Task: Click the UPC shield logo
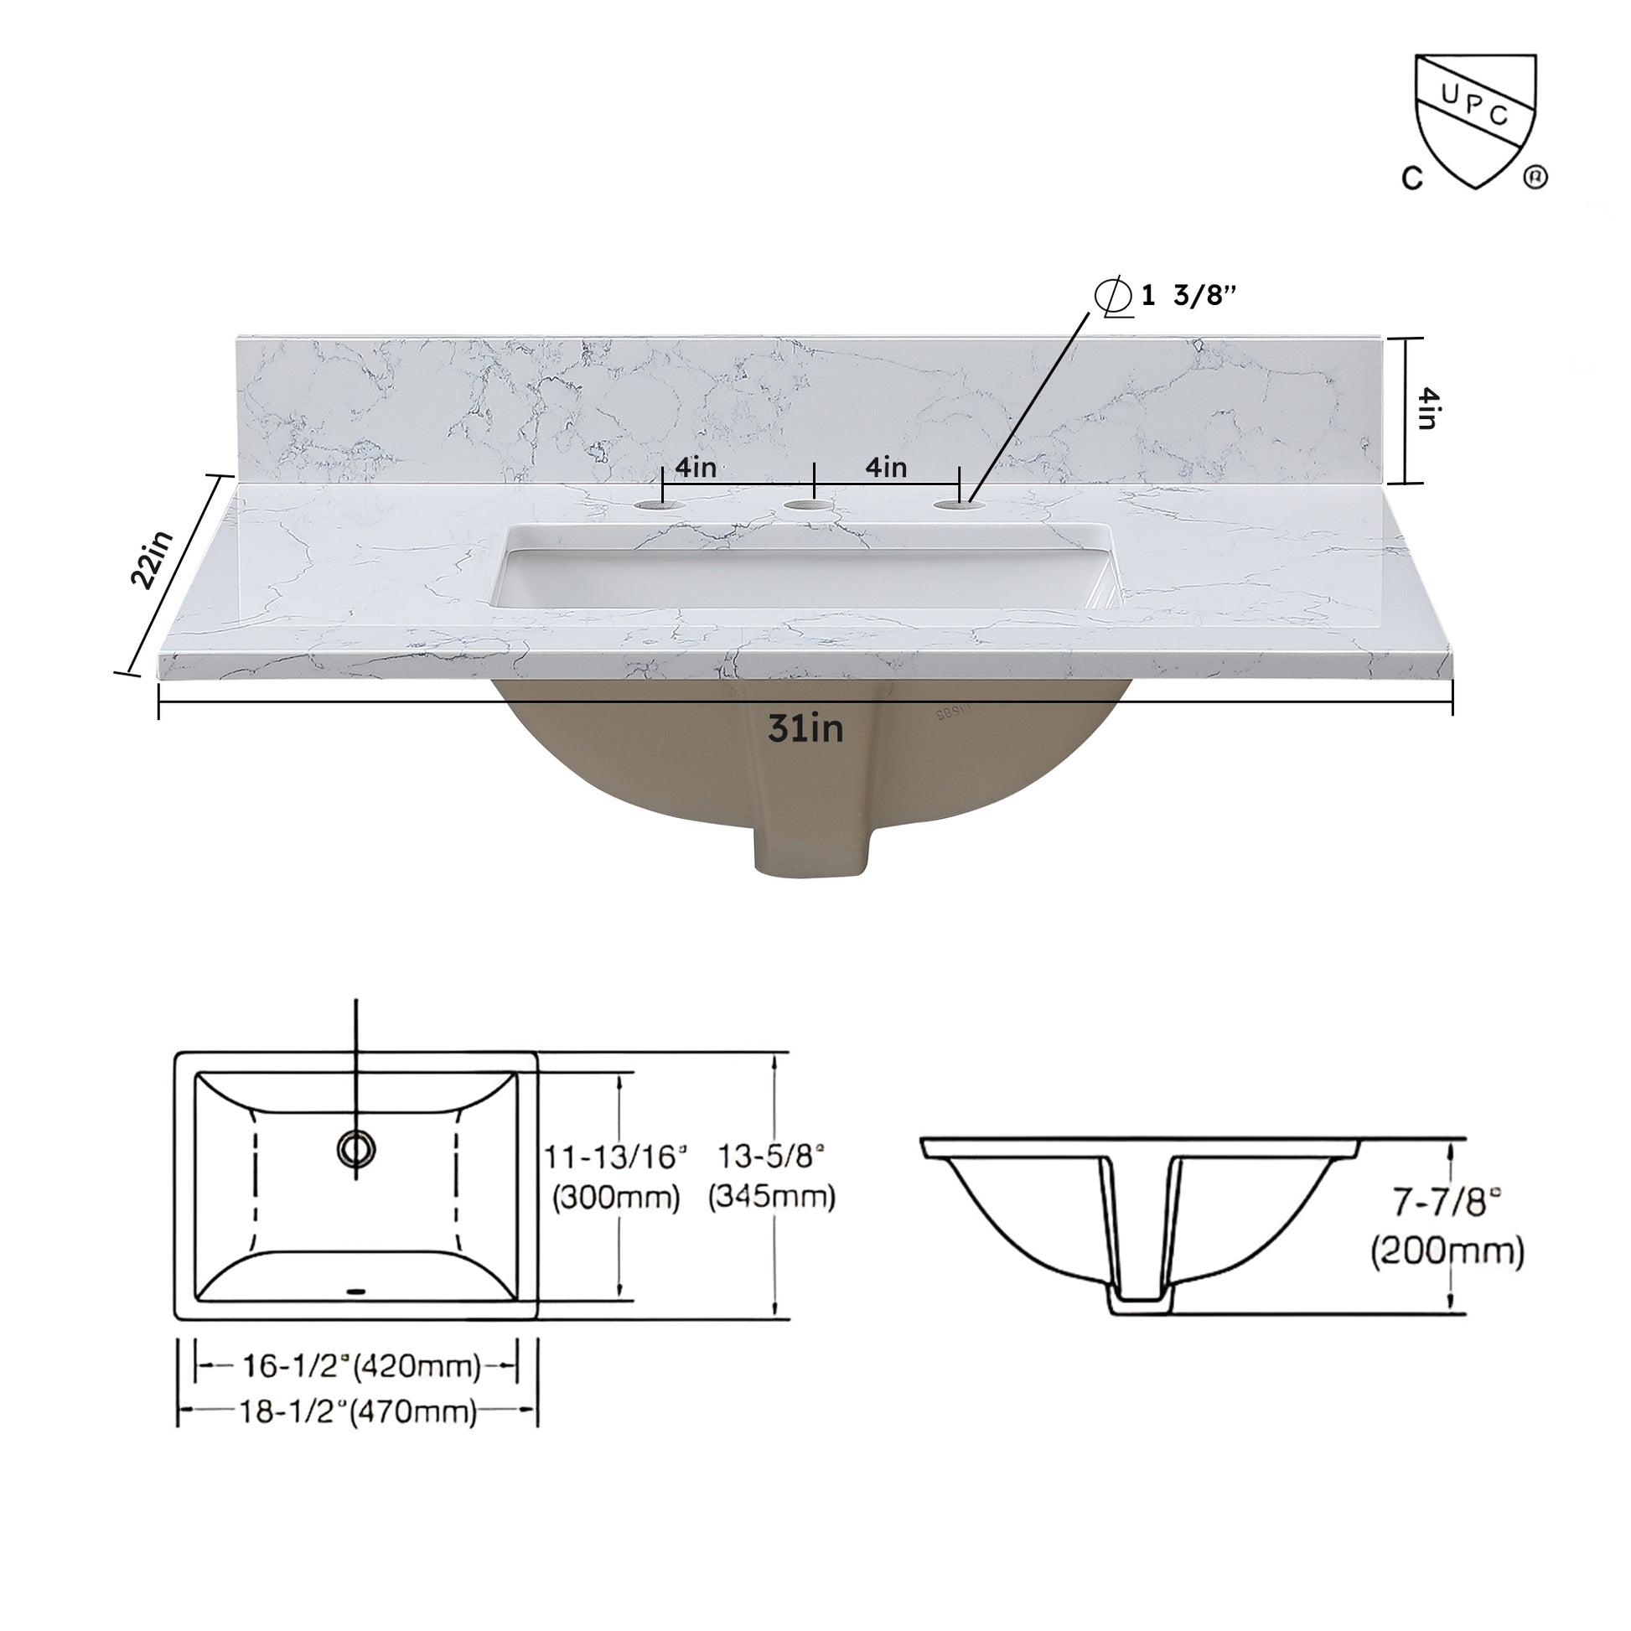coord(1475,118)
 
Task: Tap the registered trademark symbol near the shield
coord(1535,179)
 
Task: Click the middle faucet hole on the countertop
coord(808,505)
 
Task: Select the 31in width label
coord(805,727)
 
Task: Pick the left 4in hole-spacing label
coord(696,466)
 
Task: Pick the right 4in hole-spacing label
coord(886,466)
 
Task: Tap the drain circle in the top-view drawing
coord(355,1148)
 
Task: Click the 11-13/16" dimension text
coord(614,1157)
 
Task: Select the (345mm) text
coord(772,1195)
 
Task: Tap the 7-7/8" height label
coord(1446,1202)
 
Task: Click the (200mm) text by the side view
coord(1447,1250)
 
